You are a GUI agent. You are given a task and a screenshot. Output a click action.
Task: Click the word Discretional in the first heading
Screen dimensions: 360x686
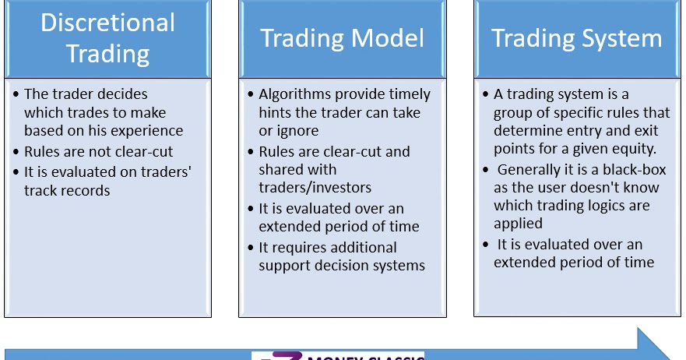(x=108, y=23)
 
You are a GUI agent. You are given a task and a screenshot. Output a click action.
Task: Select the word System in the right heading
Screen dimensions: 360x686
(x=622, y=38)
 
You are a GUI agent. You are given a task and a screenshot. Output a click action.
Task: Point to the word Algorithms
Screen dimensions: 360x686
(x=297, y=94)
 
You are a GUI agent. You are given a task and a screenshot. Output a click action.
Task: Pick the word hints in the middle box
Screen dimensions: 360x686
(x=276, y=113)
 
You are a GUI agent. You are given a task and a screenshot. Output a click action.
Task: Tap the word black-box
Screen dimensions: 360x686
(x=635, y=170)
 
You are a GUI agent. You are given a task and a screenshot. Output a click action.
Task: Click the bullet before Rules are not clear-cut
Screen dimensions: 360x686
(x=17, y=152)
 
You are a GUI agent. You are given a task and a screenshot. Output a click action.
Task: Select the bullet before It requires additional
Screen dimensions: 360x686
(x=251, y=248)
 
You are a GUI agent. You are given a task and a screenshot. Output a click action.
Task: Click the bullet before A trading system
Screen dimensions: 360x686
(x=486, y=94)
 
